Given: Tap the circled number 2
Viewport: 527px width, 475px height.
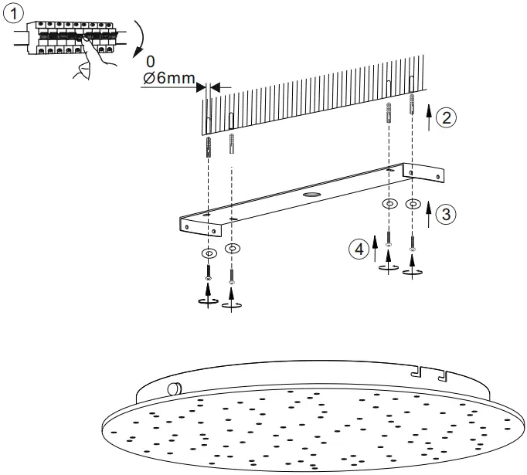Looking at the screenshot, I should pos(446,117).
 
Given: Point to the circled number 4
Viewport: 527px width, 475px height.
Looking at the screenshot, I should pos(357,249).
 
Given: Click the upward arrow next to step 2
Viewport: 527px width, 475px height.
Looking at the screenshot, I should pos(429,119).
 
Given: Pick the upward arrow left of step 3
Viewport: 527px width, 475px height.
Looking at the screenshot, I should pos(428,212).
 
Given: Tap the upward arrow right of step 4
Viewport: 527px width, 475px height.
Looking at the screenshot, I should pos(375,249).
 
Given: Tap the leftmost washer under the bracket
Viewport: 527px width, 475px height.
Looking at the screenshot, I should pos(208,253).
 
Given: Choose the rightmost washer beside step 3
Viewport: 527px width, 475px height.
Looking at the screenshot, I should pos(413,205).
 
